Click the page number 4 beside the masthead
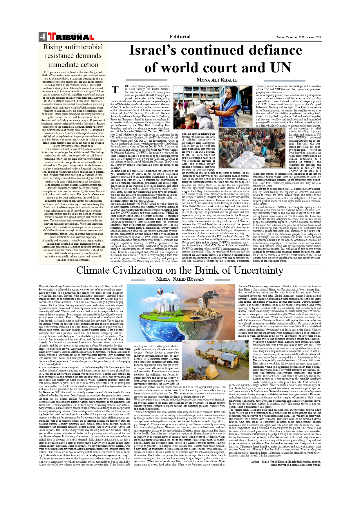pos(42,37)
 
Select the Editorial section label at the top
pos(180,37)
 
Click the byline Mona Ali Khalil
pos(216,80)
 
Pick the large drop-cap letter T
pos(115,90)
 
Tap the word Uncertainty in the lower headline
pos(258,270)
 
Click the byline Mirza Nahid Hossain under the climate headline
pos(180,279)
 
